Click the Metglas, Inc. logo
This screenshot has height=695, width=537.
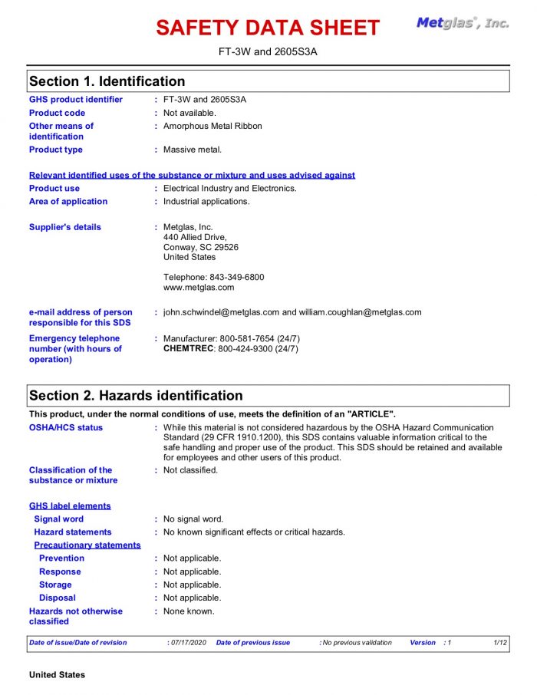tap(463, 23)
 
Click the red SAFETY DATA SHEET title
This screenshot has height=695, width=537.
tap(268, 28)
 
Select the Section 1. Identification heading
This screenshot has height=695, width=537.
tap(107, 81)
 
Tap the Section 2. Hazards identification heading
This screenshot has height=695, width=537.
tap(136, 396)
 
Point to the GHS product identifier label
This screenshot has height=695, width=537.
tap(75, 100)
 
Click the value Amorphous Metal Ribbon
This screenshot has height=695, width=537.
tap(212, 126)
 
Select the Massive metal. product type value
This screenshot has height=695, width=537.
tap(193, 150)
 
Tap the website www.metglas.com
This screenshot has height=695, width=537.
tap(199, 288)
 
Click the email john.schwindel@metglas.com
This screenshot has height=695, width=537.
tap(221, 312)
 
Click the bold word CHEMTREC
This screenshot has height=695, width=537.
tap(189, 349)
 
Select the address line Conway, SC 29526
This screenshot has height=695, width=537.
tap(201, 247)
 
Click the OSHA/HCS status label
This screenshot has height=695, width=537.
tap(66, 427)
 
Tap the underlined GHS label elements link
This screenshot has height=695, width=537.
tap(70, 506)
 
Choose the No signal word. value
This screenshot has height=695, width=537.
tap(193, 519)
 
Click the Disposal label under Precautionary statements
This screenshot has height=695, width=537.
tap(58, 598)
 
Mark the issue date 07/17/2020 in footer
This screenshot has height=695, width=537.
tap(189, 643)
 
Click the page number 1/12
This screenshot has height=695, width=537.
tap(500, 643)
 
